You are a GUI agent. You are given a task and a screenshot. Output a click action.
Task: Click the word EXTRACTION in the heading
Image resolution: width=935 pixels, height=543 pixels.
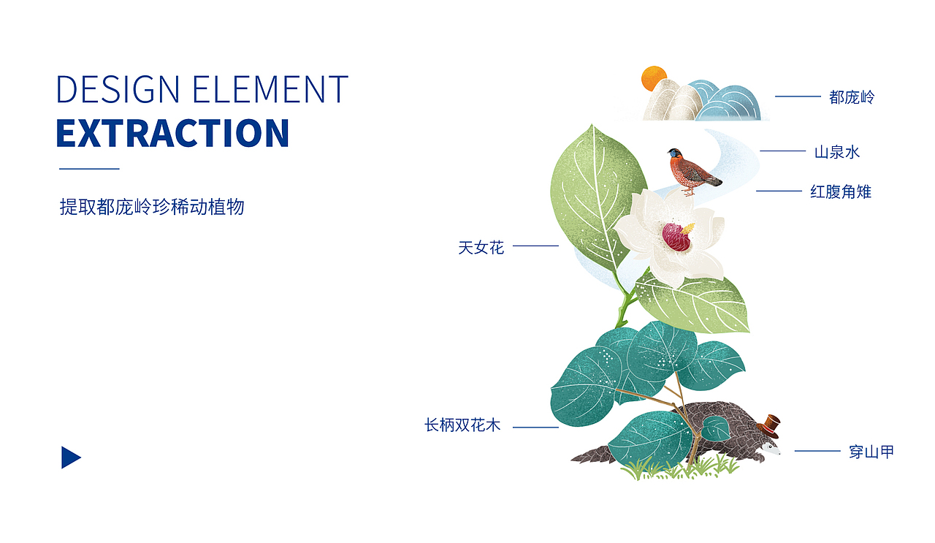[x=172, y=133]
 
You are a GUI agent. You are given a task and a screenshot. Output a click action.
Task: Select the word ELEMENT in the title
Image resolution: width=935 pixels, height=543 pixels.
[x=270, y=89]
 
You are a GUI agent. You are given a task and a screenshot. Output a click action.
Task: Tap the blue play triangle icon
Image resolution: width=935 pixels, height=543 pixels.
[x=69, y=457]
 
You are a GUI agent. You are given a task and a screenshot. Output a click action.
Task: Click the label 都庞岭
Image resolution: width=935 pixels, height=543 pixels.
[x=852, y=97]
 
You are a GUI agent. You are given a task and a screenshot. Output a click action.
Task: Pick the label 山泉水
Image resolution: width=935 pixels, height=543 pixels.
[x=837, y=152]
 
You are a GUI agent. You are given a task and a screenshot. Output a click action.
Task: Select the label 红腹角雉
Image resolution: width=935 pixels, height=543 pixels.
[x=841, y=191]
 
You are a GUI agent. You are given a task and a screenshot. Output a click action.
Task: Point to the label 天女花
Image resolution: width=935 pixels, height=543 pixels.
[x=481, y=248]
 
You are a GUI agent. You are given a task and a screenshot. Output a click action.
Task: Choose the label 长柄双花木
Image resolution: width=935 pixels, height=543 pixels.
[x=462, y=425]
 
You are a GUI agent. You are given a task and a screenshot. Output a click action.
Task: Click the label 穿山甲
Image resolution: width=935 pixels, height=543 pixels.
[x=871, y=452]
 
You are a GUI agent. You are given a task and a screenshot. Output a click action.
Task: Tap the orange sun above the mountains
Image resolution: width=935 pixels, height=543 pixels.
[x=653, y=78]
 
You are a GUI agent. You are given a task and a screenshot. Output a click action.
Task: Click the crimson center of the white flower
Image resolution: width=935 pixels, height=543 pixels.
[x=676, y=237]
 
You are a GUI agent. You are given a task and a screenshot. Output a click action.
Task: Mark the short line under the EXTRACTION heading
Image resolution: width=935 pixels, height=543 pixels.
[x=88, y=169]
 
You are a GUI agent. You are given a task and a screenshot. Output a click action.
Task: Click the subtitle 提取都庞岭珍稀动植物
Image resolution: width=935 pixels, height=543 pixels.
[x=152, y=207]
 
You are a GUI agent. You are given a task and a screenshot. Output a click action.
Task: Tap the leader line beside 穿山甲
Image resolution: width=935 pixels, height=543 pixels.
[x=817, y=451]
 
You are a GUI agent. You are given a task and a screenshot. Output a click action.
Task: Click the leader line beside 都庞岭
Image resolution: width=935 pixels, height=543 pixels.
[x=798, y=96]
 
